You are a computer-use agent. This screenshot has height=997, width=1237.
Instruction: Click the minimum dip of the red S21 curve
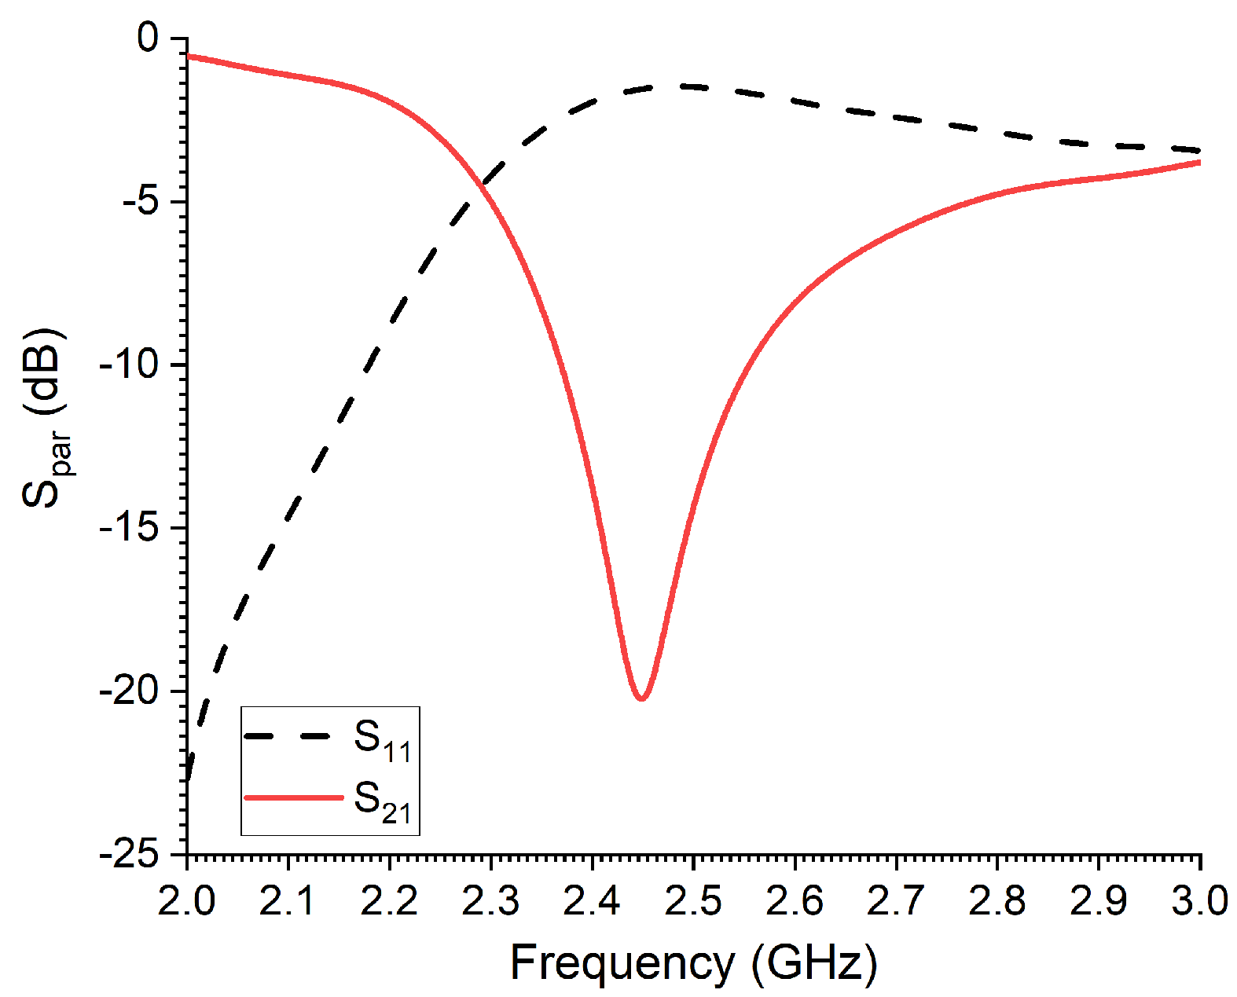[x=642, y=698]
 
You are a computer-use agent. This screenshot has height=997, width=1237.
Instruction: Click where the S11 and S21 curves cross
[x=479, y=185]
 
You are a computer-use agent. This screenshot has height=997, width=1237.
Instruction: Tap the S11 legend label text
[x=383, y=739]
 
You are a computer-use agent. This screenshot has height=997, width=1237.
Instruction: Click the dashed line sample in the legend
[x=288, y=736]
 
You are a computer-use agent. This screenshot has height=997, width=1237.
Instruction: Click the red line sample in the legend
[x=293, y=797]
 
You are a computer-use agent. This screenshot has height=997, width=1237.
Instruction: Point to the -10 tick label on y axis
[x=127, y=366]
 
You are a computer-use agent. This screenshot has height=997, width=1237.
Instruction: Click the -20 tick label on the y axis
[x=127, y=692]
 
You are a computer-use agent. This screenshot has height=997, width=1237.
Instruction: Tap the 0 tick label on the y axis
[x=148, y=38]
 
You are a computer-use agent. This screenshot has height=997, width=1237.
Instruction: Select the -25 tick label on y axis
[x=127, y=856]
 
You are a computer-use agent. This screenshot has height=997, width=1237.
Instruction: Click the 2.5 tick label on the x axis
[x=693, y=901]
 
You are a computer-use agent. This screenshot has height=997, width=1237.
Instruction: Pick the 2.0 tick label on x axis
[x=186, y=901]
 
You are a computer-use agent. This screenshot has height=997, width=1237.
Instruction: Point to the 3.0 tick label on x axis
[x=1199, y=901]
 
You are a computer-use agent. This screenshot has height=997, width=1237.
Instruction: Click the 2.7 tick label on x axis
[x=896, y=901]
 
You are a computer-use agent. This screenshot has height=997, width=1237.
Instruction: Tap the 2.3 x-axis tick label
[x=490, y=901]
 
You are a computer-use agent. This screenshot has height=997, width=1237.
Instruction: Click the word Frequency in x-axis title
[x=622, y=962]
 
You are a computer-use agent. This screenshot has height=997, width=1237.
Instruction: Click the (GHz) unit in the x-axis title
[x=813, y=962]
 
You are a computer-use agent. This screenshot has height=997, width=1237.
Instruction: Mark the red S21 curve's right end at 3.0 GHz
[x=1199, y=163]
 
